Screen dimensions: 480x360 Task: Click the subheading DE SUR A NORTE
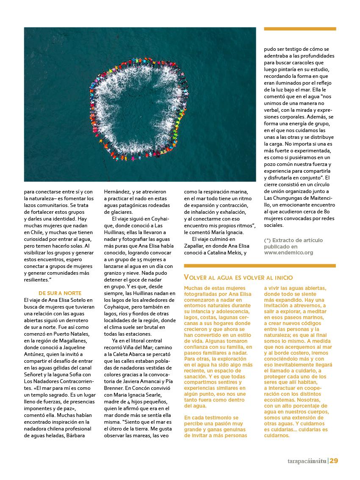(x=60, y=293)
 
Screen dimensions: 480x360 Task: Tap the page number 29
(x=334, y=461)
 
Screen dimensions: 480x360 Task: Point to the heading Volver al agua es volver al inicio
(x=238, y=278)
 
